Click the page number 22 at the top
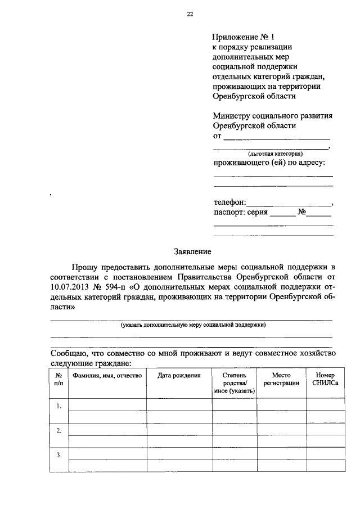click(190, 15)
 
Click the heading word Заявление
click(192, 252)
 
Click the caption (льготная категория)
click(275, 153)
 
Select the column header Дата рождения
click(179, 375)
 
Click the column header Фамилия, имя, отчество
click(106, 375)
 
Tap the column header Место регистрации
click(281, 379)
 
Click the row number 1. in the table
click(58, 406)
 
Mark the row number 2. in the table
click(58, 430)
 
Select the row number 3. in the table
click(58, 455)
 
